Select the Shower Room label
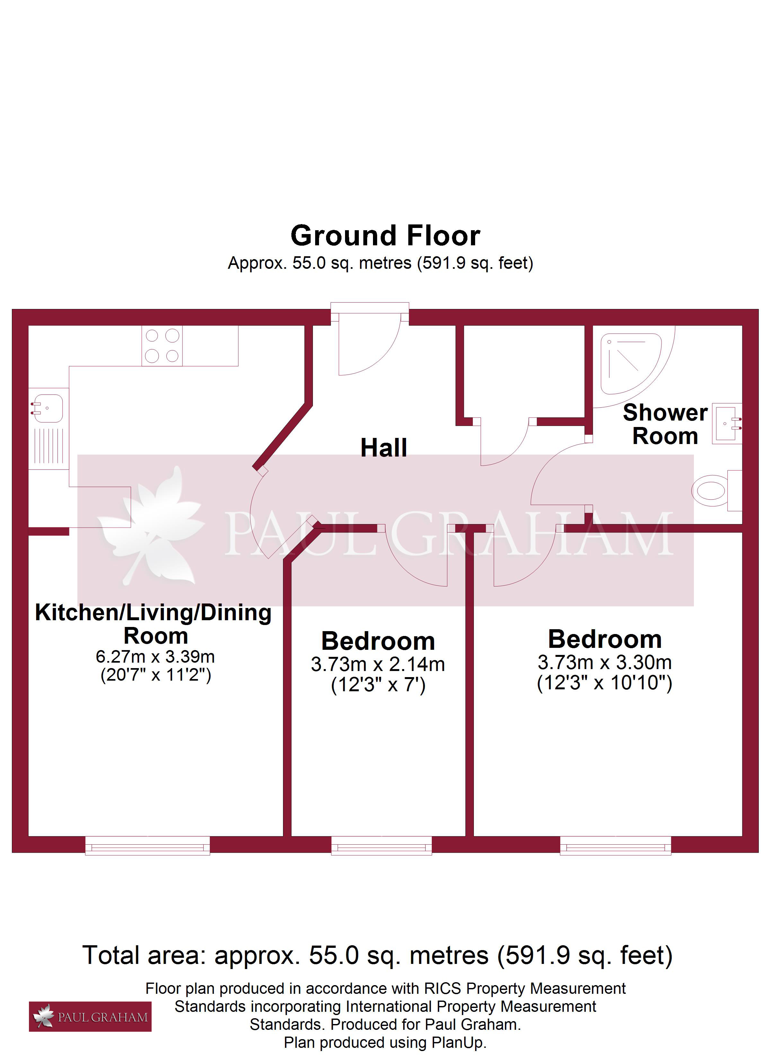click(x=665, y=424)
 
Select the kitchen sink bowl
click(x=47, y=408)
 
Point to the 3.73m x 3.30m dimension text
click(x=605, y=662)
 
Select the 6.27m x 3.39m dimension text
click(x=155, y=657)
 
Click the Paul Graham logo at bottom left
click(x=90, y=1017)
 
